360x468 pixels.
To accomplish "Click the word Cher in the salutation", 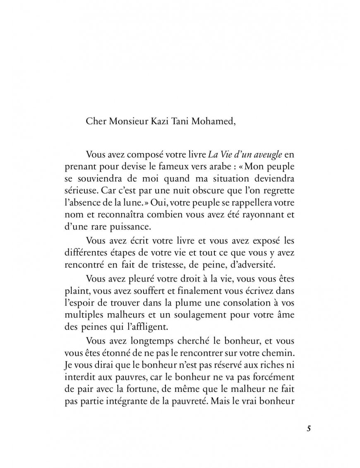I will [x=95, y=121].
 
